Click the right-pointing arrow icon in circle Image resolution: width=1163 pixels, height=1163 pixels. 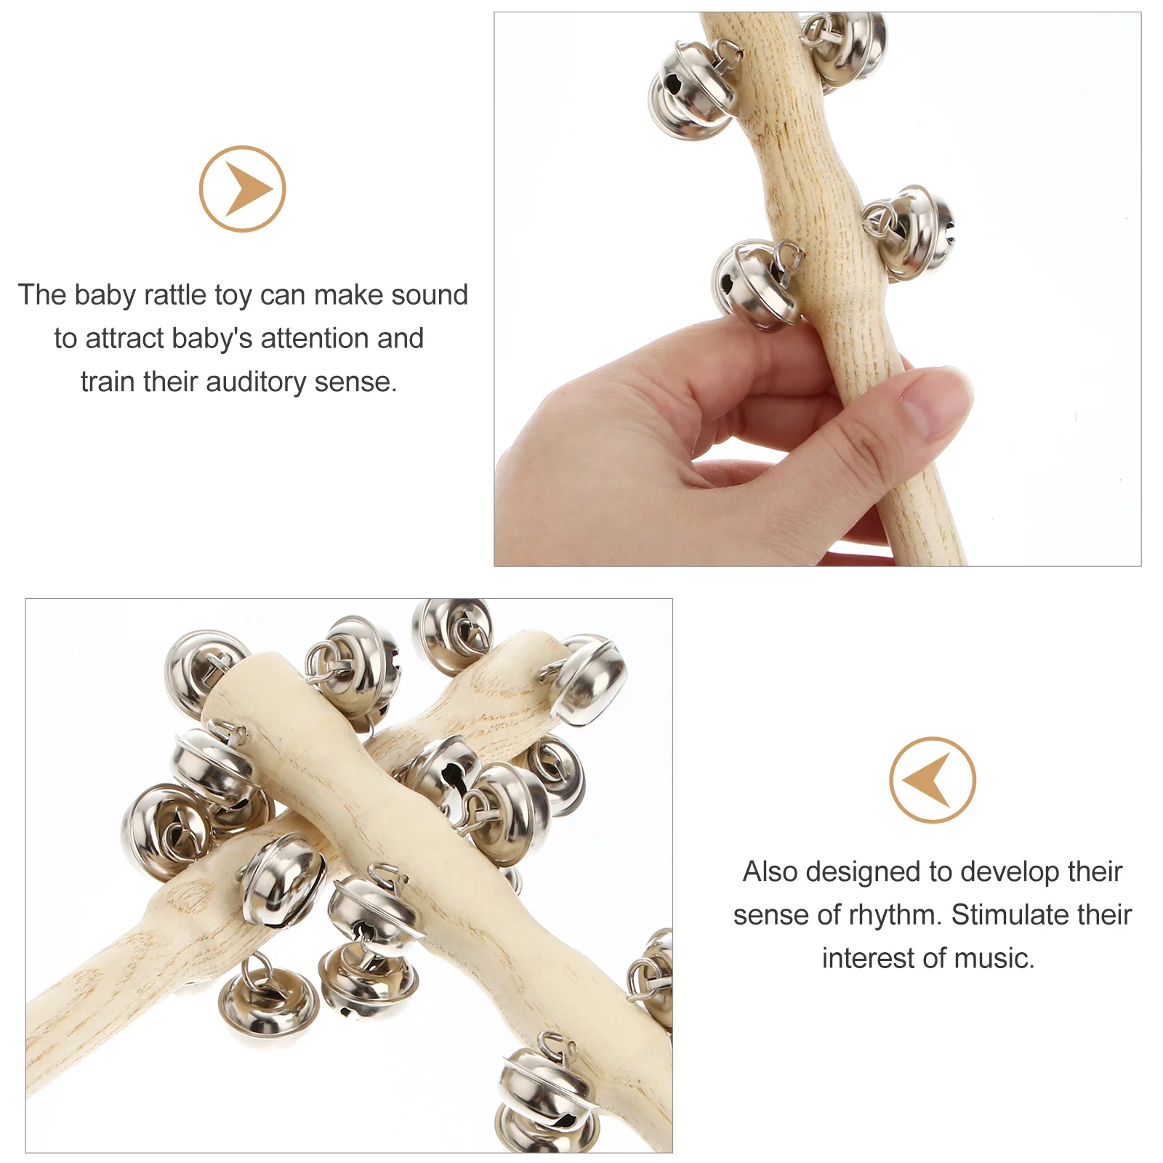(x=243, y=189)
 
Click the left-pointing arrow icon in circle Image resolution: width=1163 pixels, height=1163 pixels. (x=932, y=780)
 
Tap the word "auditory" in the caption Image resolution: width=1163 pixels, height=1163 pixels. (x=256, y=382)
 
